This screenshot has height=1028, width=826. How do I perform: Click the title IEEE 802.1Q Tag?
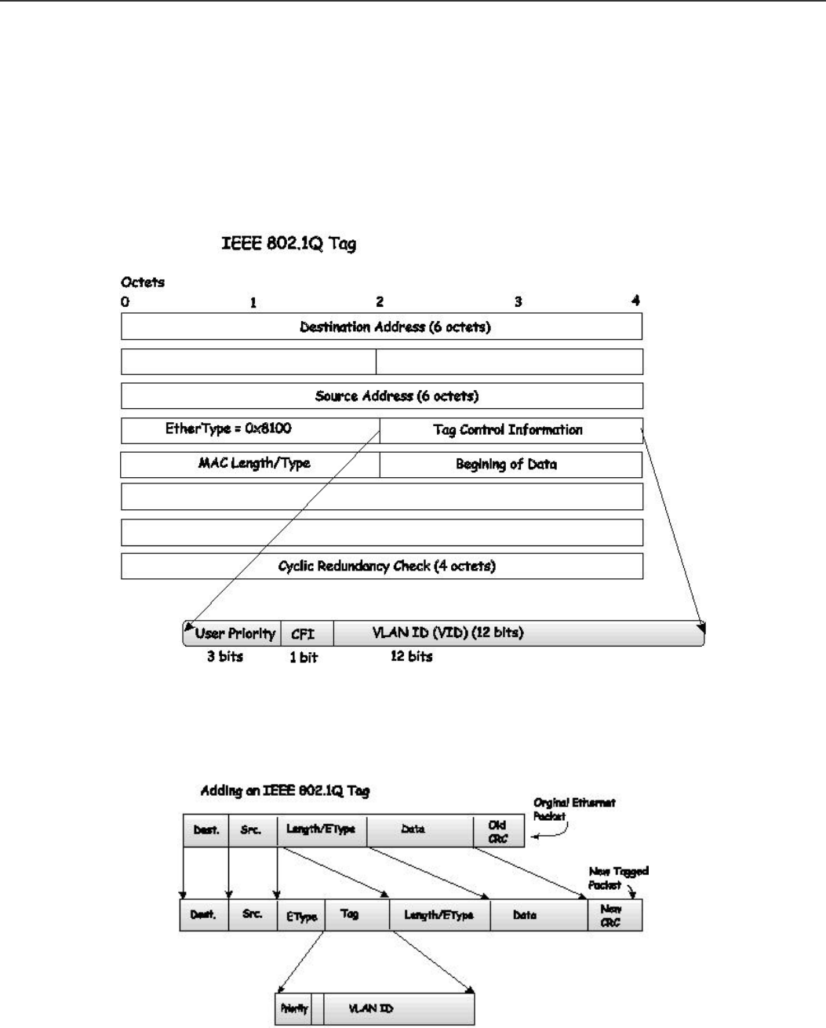(287, 244)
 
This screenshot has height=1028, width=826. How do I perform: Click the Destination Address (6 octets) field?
(381, 326)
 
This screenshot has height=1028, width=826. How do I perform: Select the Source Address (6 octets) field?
(381, 396)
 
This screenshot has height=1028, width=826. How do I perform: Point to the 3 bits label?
(225, 656)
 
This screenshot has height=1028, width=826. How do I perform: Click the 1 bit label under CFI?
(304, 657)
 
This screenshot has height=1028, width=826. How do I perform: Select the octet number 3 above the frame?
(518, 301)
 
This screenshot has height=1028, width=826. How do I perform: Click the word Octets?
(143, 283)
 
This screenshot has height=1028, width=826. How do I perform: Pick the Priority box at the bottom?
(294, 1009)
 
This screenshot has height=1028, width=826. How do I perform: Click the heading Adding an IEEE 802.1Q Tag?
(285, 791)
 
